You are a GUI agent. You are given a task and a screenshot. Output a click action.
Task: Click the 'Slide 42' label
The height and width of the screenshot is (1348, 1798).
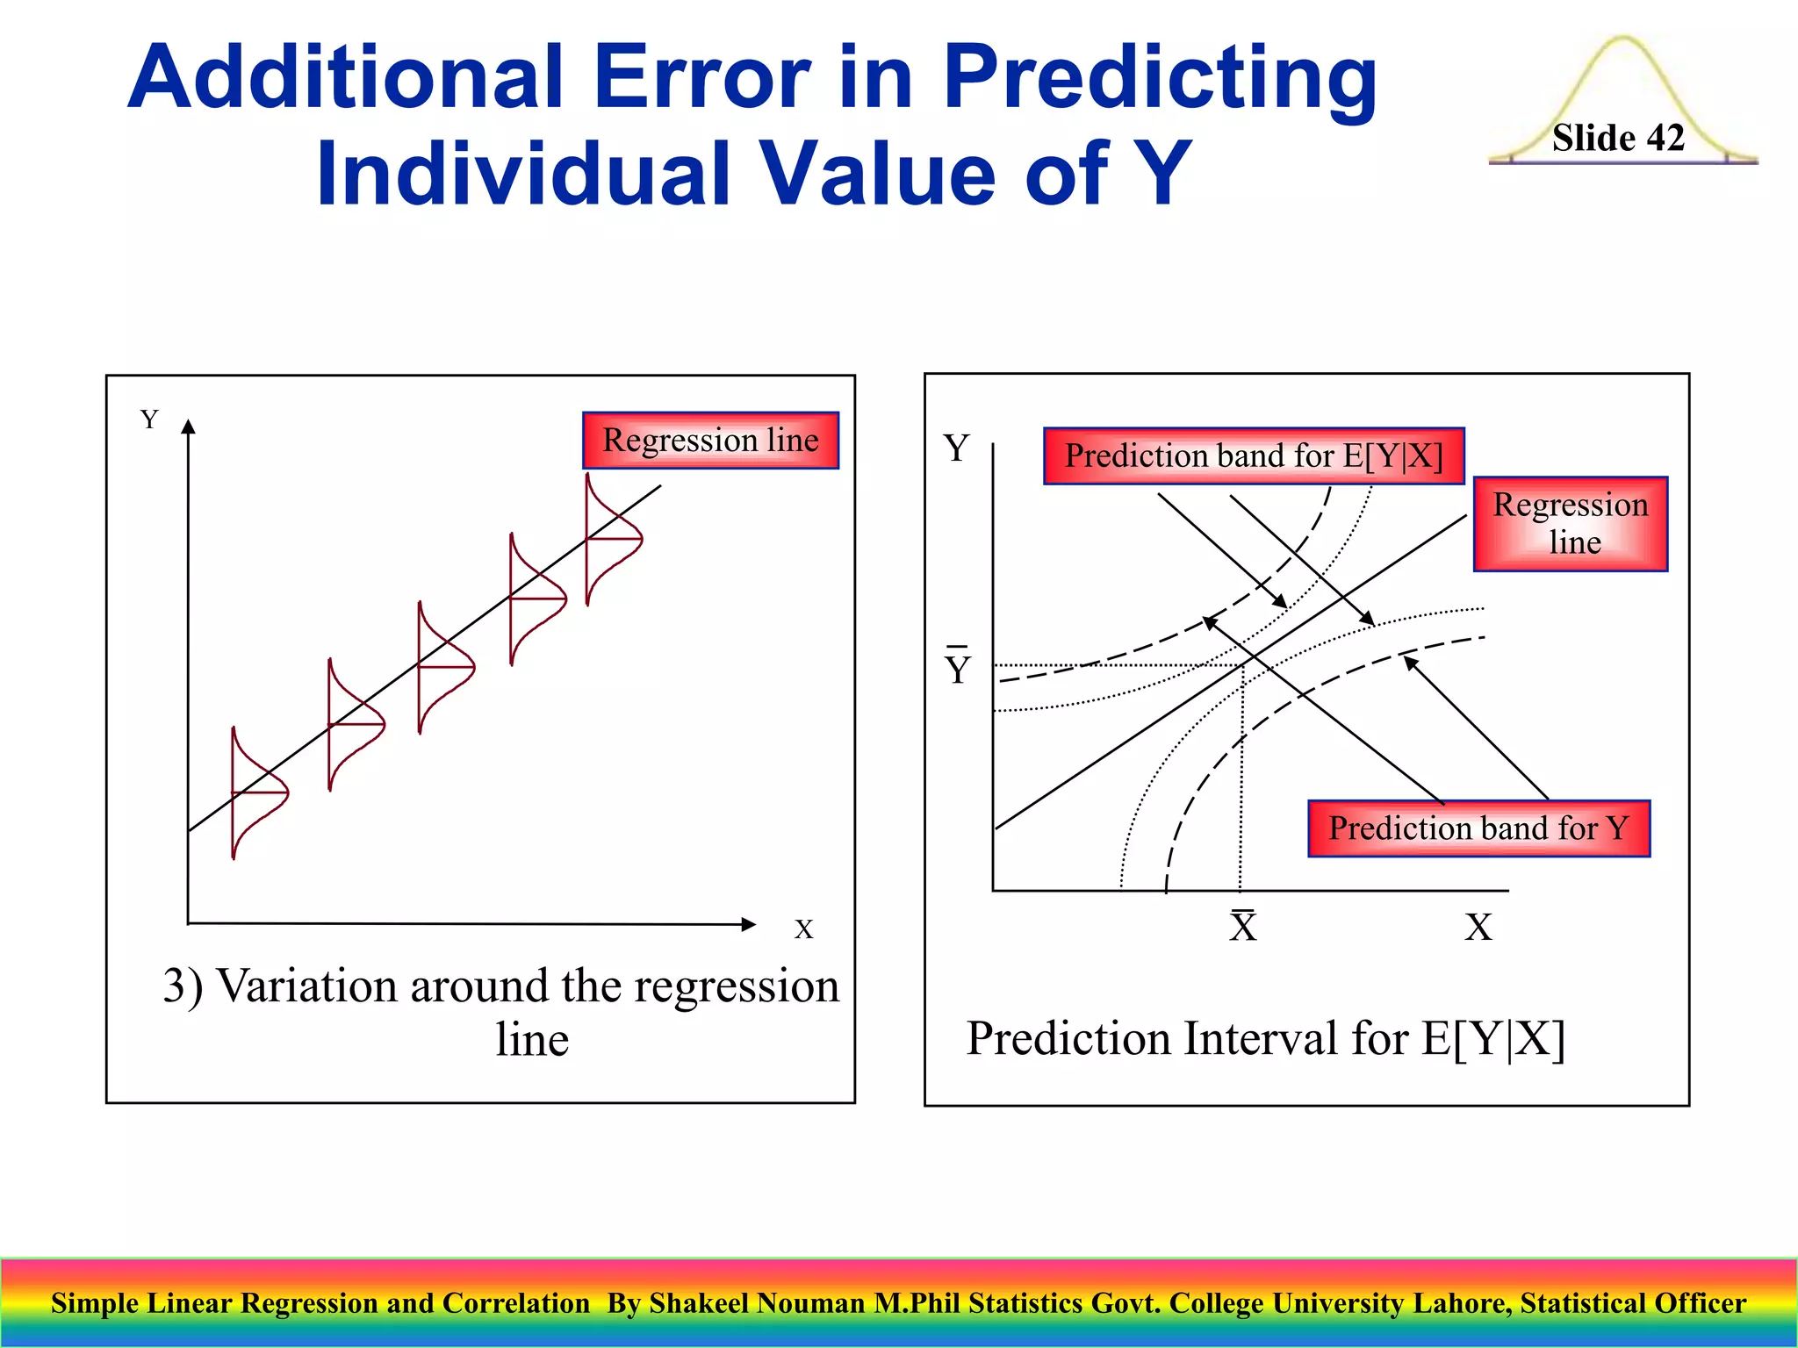[x=1617, y=138]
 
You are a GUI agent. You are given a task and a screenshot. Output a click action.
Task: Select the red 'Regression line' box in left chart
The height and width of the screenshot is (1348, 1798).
[x=710, y=440]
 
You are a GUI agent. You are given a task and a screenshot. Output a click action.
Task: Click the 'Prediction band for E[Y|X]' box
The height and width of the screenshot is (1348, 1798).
[x=1253, y=455]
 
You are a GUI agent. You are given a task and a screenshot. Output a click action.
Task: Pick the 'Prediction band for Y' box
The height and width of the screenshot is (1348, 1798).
[x=1478, y=828]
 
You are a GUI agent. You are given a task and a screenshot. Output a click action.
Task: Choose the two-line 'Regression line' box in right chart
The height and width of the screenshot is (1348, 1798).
[x=1570, y=524]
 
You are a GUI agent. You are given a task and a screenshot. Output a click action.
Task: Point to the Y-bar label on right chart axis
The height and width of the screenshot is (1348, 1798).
[x=958, y=667]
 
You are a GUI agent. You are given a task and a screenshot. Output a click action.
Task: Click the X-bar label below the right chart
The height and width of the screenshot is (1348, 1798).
[x=1242, y=926]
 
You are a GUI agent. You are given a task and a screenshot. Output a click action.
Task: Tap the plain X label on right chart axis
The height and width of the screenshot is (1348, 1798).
[x=1478, y=927]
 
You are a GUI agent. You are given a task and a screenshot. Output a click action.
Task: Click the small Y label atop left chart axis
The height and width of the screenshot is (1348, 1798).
[x=149, y=419]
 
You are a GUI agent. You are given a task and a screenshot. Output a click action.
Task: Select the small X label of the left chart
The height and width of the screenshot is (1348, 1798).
[x=803, y=929]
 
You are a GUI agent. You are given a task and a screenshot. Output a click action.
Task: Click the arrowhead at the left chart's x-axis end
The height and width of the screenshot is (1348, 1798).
[x=748, y=924]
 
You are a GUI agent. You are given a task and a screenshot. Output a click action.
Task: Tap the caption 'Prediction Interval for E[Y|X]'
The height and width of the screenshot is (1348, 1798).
[x=1265, y=1038]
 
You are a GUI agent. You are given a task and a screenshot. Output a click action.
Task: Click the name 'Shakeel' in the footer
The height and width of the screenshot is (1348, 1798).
[x=699, y=1303]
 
